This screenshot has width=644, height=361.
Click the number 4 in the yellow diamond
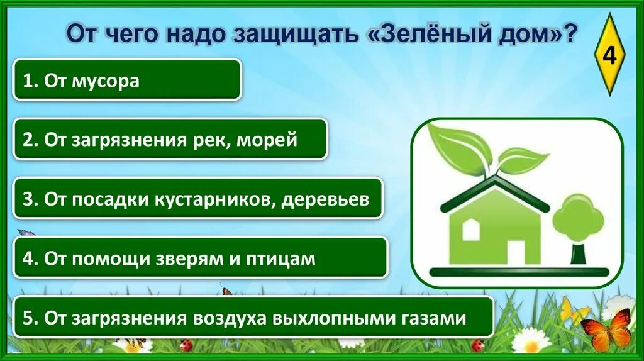(x=609, y=56)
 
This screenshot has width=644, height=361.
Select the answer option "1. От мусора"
(x=126, y=80)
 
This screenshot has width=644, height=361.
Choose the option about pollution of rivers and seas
(x=170, y=139)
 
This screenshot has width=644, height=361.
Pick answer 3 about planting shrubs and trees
(x=197, y=198)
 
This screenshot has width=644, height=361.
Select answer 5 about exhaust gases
(x=253, y=318)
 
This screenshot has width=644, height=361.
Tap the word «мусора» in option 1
(x=108, y=81)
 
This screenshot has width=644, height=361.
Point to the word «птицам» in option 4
(x=287, y=258)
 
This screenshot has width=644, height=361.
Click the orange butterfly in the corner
(x=606, y=330)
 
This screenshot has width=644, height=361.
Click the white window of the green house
(x=471, y=230)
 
